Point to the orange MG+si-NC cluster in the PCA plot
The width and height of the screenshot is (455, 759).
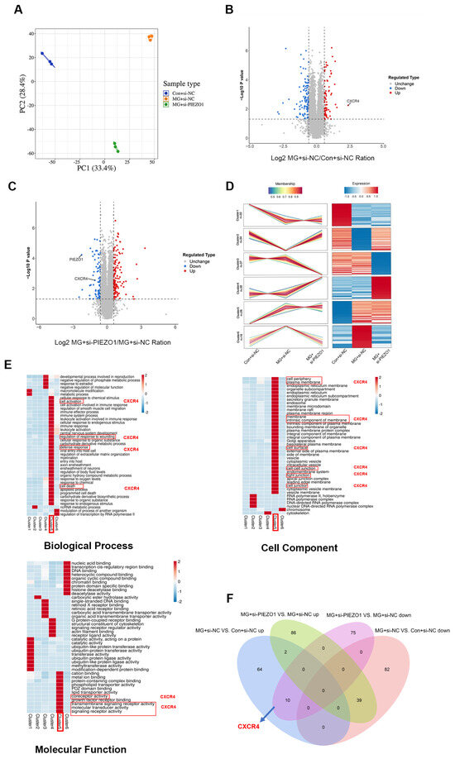(150, 38)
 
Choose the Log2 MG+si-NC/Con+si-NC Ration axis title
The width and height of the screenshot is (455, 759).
(330, 156)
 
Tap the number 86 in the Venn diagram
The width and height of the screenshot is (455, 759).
(315, 609)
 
